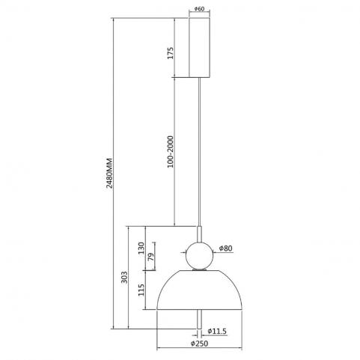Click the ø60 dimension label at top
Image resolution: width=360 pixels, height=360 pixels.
[199, 9]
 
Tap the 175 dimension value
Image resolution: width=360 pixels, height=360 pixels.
[170, 53]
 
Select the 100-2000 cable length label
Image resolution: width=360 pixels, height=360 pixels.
[170, 152]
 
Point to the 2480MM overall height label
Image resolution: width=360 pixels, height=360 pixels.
[109, 173]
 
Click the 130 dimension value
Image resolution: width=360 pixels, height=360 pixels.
[141, 248]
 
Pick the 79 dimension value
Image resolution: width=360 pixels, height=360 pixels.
[151, 257]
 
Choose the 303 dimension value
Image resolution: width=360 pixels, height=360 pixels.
[124, 277]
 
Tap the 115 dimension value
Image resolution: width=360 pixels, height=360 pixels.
[141, 290]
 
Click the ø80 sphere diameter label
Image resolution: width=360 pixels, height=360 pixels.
[225, 248]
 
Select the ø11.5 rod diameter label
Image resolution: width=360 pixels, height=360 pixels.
[217, 331]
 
